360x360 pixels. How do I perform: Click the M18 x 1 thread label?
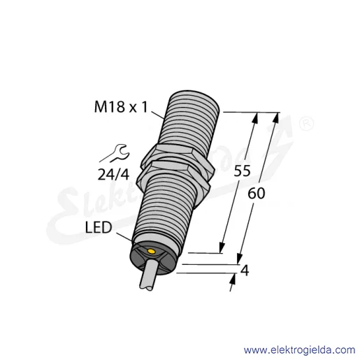click(x=121, y=108)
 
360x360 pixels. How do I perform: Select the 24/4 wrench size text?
click(x=113, y=174)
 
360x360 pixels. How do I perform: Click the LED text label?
click(x=99, y=227)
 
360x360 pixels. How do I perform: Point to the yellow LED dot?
click(x=152, y=251)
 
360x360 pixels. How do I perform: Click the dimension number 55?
click(x=242, y=171)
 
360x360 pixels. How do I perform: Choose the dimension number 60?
click(x=257, y=194)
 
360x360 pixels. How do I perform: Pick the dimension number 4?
click(x=245, y=271)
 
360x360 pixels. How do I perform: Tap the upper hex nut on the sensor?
click(x=178, y=159)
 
